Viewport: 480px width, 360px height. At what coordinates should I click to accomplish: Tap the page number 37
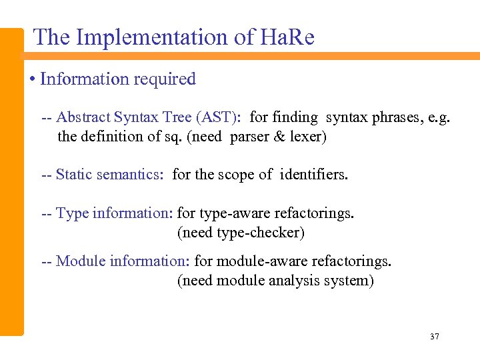[435, 337]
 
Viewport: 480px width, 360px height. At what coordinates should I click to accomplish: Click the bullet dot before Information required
[33, 79]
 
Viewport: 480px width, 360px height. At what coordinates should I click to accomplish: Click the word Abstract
[83, 117]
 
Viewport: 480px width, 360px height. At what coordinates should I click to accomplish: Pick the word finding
[295, 117]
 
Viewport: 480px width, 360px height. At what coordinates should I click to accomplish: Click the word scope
[236, 175]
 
